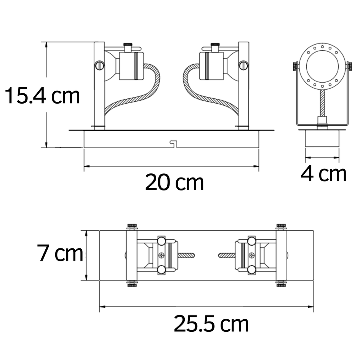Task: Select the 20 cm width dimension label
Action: [x=174, y=183]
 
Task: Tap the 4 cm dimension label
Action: [x=323, y=174]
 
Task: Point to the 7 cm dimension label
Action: [x=60, y=253]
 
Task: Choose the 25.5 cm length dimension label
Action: [x=211, y=324]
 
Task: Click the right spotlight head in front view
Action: [x=211, y=66]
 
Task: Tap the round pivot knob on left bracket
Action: [x=99, y=65]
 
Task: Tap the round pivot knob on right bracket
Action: [x=243, y=65]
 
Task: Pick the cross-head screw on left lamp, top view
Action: [x=162, y=256]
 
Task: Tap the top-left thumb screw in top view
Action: [x=132, y=227]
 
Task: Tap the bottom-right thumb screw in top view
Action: [x=281, y=284]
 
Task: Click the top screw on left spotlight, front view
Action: [x=128, y=46]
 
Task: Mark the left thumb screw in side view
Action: [x=295, y=66]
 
